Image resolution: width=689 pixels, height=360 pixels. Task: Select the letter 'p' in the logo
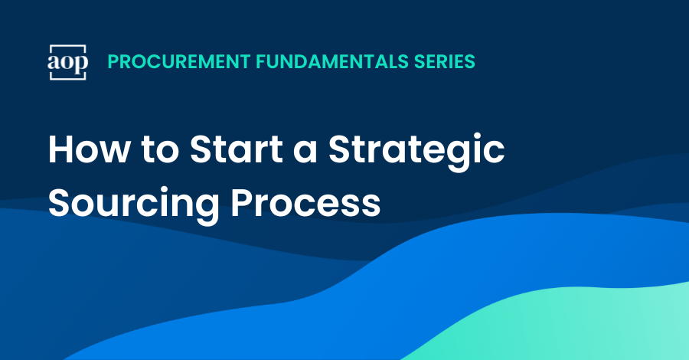pos(80,64)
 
